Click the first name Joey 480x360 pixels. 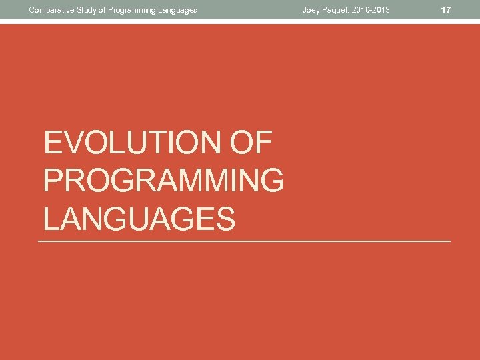click(311, 10)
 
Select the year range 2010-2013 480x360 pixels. click(372, 10)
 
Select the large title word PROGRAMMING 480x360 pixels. click(163, 181)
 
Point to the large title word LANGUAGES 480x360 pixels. click(139, 219)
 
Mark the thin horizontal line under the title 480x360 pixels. click(245, 241)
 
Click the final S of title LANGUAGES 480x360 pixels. click(225, 219)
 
